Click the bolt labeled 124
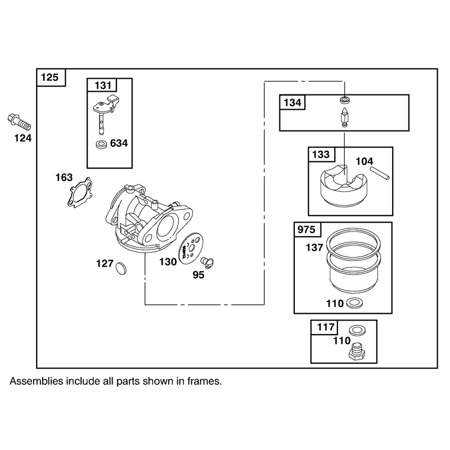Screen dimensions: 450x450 coord(19,122)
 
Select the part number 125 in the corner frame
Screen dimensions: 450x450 coord(49,77)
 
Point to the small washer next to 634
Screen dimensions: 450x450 coord(101,144)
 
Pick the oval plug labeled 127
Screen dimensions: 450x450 coord(121,268)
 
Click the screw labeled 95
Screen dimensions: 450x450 coord(207,262)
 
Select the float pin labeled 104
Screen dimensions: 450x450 coord(379,173)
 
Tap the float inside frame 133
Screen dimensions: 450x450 coord(344,186)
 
